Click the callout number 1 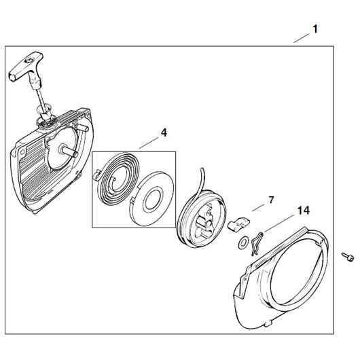tap(315, 29)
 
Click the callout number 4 tap(164, 132)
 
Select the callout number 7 tap(271, 200)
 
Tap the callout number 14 tap(304, 211)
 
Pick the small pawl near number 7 tap(239, 223)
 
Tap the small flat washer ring tap(242, 242)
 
